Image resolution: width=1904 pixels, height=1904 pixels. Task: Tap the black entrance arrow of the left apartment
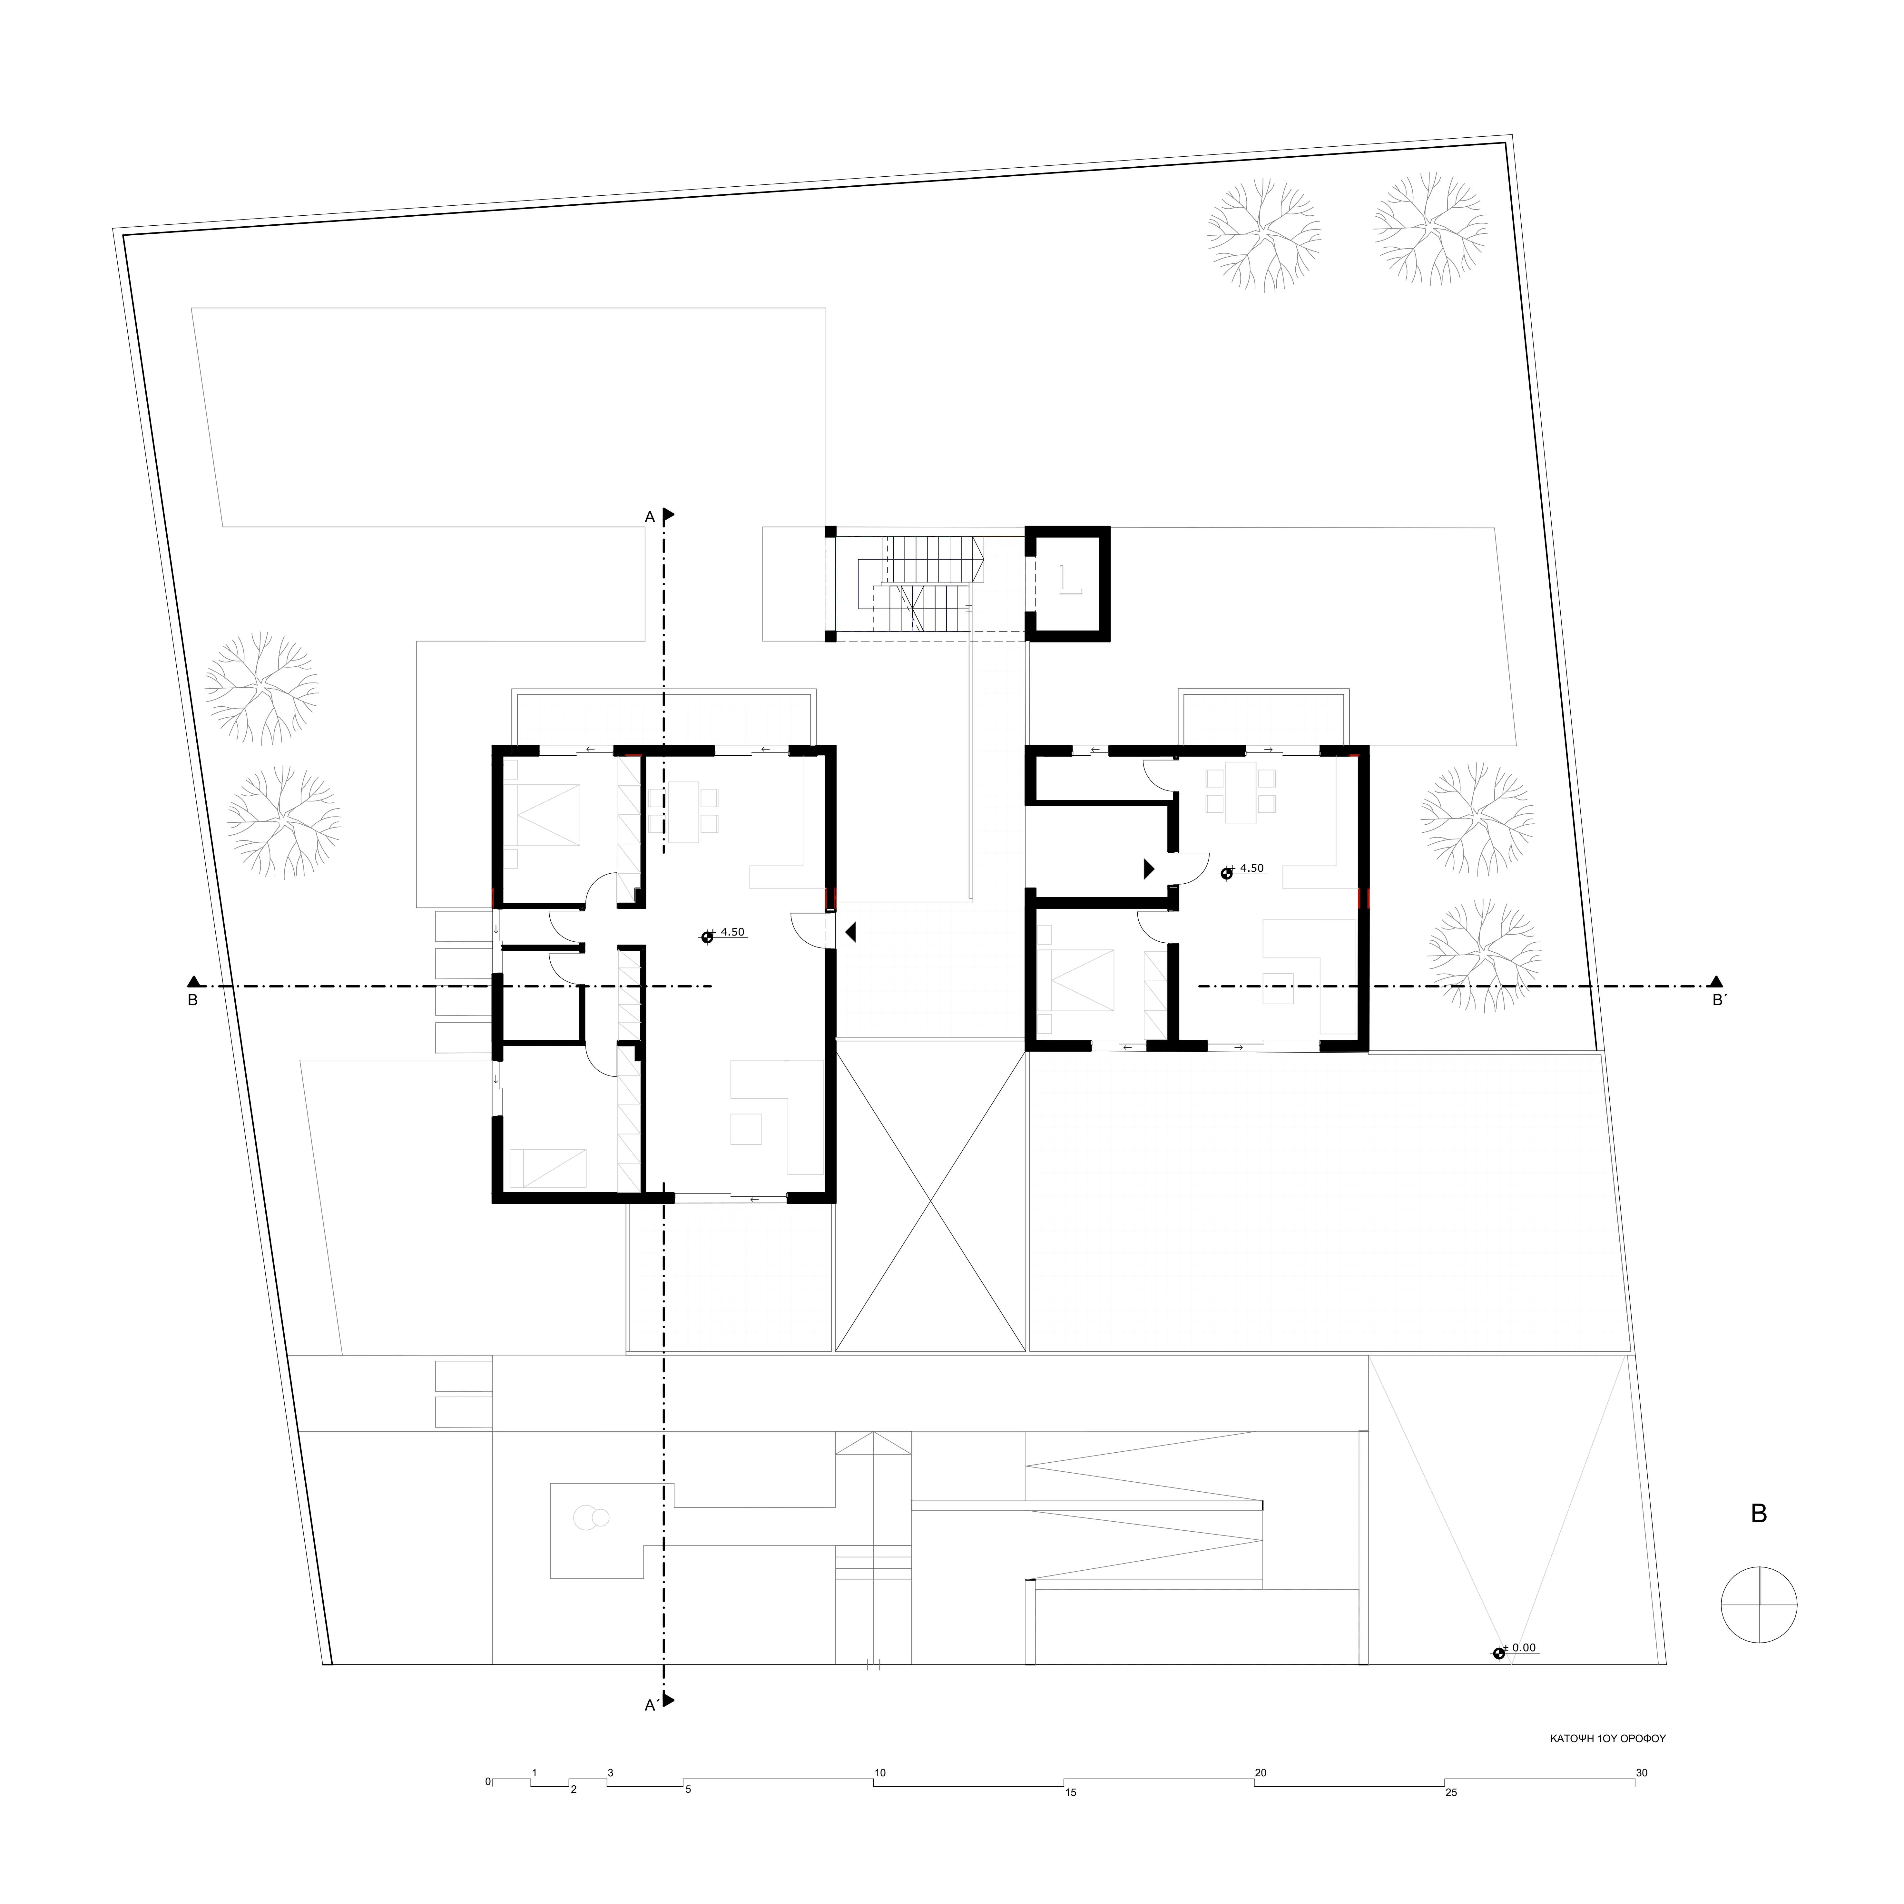click(849, 931)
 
